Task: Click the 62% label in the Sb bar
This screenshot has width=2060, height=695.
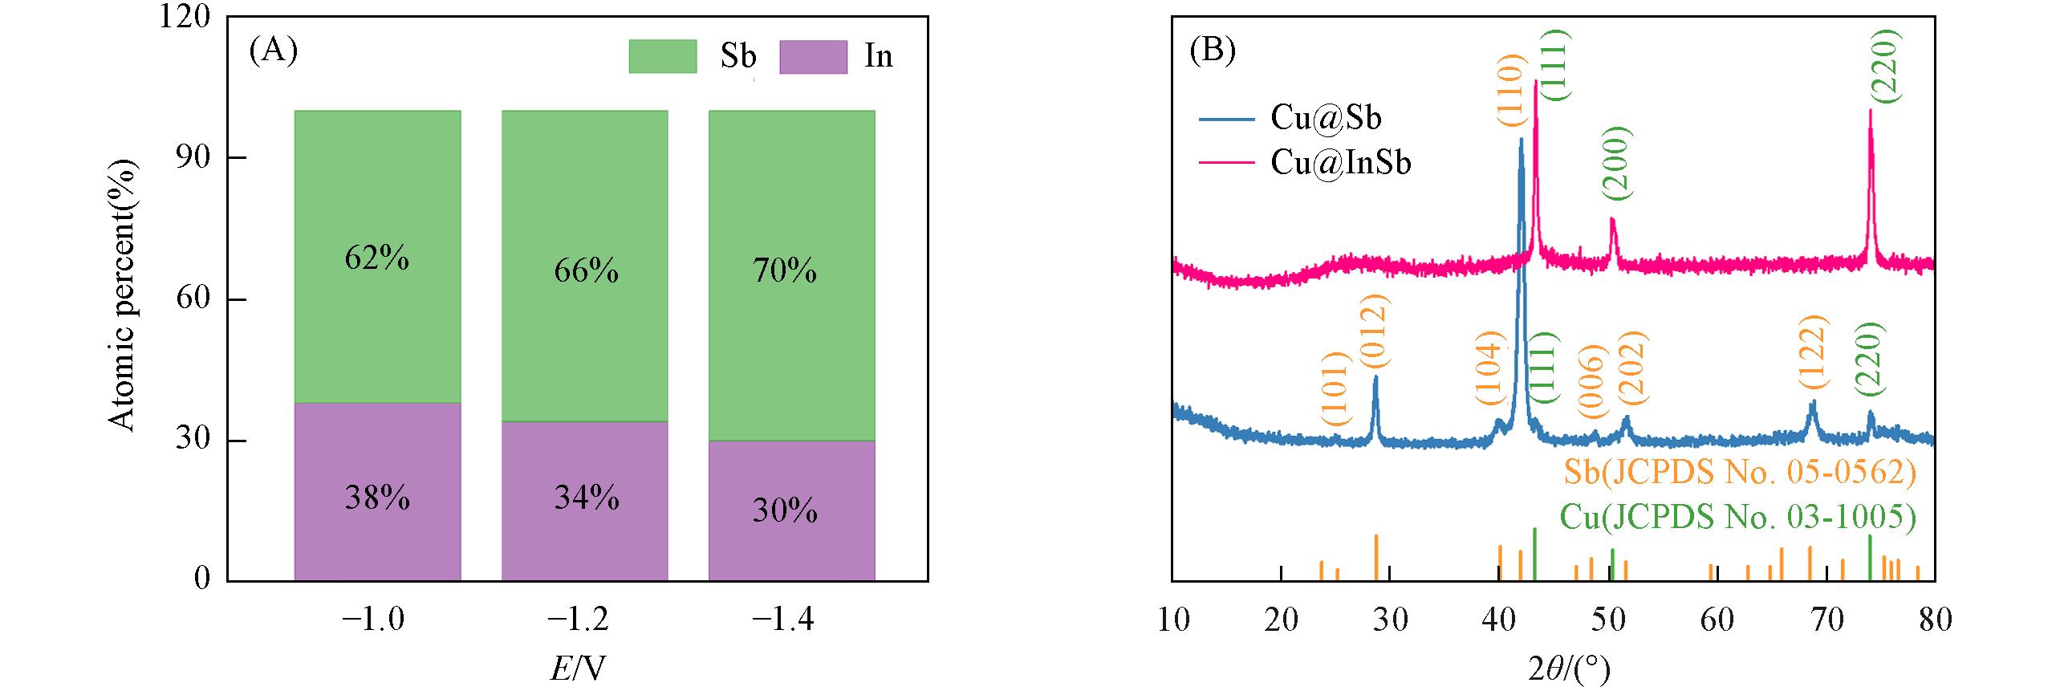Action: click(377, 258)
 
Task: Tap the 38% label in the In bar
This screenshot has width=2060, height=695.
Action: click(377, 498)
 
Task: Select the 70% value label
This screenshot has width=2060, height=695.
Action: click(785, 271)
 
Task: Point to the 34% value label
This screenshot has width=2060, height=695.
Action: click(586, 498)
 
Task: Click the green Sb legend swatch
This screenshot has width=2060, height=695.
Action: click(662, 56)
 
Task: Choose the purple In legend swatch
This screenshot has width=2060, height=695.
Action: click(813, 56)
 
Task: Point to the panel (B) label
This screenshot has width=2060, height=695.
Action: click(1212, 51)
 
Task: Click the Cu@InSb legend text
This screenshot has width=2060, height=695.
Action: click(1341, 163)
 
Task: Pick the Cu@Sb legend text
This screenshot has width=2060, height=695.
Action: click(1326, 119)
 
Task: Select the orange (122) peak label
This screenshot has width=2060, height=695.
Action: click(1811, 356)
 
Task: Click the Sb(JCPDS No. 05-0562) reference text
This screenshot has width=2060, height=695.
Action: click(1739, 473)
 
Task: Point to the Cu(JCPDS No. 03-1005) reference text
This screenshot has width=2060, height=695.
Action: click(1737, 517)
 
